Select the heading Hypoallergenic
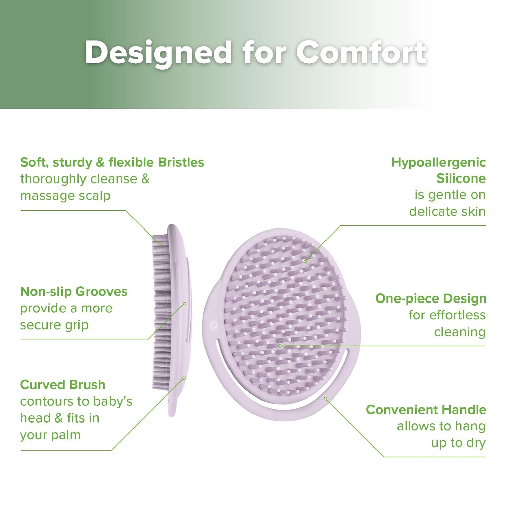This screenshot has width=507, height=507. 438,162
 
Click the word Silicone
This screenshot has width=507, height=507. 461,178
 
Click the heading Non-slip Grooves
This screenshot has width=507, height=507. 74,291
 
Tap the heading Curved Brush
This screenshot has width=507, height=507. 63,385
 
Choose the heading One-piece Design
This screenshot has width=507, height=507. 431,298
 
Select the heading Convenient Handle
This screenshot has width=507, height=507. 426,410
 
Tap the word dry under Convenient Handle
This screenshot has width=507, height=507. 476,443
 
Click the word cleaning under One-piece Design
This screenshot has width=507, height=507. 460,332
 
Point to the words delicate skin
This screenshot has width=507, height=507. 447,212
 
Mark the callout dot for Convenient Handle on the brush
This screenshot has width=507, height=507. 325,399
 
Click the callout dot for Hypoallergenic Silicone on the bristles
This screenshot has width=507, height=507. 305,261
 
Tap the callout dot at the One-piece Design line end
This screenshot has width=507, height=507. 280,346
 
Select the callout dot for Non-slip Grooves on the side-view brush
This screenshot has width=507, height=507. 185,304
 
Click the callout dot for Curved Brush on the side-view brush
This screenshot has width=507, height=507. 184,378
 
